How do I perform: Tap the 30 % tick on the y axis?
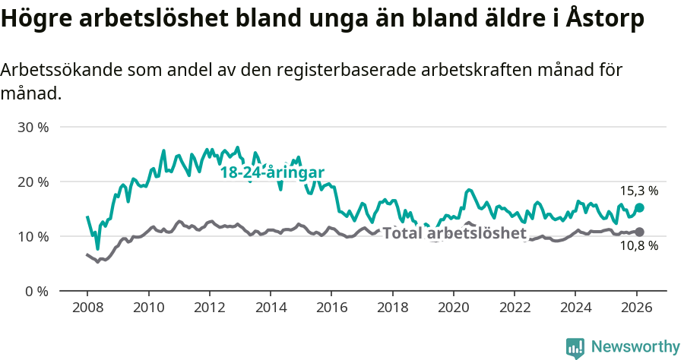[x=33, y=127]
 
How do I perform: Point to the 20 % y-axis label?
[x=33, y=182]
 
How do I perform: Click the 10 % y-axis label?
[x=33, y=236]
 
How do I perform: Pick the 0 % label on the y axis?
[x=36, y=291]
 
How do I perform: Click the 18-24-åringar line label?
[x=273, y=172]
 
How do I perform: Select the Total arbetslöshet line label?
[x=454, y=233]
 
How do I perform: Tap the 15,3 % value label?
[x=639, y=191]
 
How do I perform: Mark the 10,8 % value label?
[x=639, y=246]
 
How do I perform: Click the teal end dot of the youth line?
[x=640, y=207]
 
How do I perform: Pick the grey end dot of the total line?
[x=639, y=232]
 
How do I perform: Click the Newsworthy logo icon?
[x=575, y=347]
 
